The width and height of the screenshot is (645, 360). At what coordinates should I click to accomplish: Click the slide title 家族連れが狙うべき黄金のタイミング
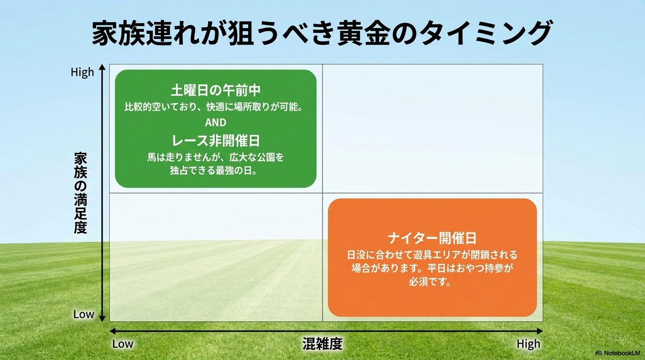[x=322, y=32]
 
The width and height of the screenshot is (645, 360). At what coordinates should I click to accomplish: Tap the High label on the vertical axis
[x=82, y=72]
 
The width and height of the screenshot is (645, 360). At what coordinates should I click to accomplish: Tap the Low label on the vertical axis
[x=84, y=314]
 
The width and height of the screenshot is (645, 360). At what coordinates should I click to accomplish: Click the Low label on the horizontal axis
[x=123, y=344]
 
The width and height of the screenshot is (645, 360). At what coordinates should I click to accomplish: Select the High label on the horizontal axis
[x=528, y=344]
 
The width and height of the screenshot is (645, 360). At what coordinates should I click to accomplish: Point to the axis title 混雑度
[x=322, y=344]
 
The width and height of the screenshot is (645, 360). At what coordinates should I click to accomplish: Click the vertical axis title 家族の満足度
[x=80, y=193]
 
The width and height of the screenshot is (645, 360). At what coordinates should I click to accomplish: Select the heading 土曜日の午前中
[x=216, y=90]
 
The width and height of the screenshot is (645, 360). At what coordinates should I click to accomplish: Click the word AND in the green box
[x=216, y=123]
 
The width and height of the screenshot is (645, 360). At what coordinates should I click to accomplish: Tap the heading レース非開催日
[x=216, y=141]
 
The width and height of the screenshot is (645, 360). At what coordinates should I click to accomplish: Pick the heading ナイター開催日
[x=432, y=238]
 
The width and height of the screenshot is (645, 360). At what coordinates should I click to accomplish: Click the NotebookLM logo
[x=617, y=353]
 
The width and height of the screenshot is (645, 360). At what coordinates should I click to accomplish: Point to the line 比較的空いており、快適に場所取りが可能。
[x=214, y=107]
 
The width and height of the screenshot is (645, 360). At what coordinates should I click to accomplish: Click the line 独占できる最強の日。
[x=213, y=171]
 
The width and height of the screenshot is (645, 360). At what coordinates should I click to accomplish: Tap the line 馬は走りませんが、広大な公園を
[x=216, y=157]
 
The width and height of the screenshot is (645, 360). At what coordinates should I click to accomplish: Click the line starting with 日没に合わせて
[x=432, y=255]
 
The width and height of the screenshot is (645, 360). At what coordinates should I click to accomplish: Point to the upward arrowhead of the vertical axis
[x=102, y=67]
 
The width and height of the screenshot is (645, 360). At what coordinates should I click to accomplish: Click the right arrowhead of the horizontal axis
[x=540, y=331]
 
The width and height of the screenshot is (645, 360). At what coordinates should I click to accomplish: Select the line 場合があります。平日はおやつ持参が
[x=432, y=269]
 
